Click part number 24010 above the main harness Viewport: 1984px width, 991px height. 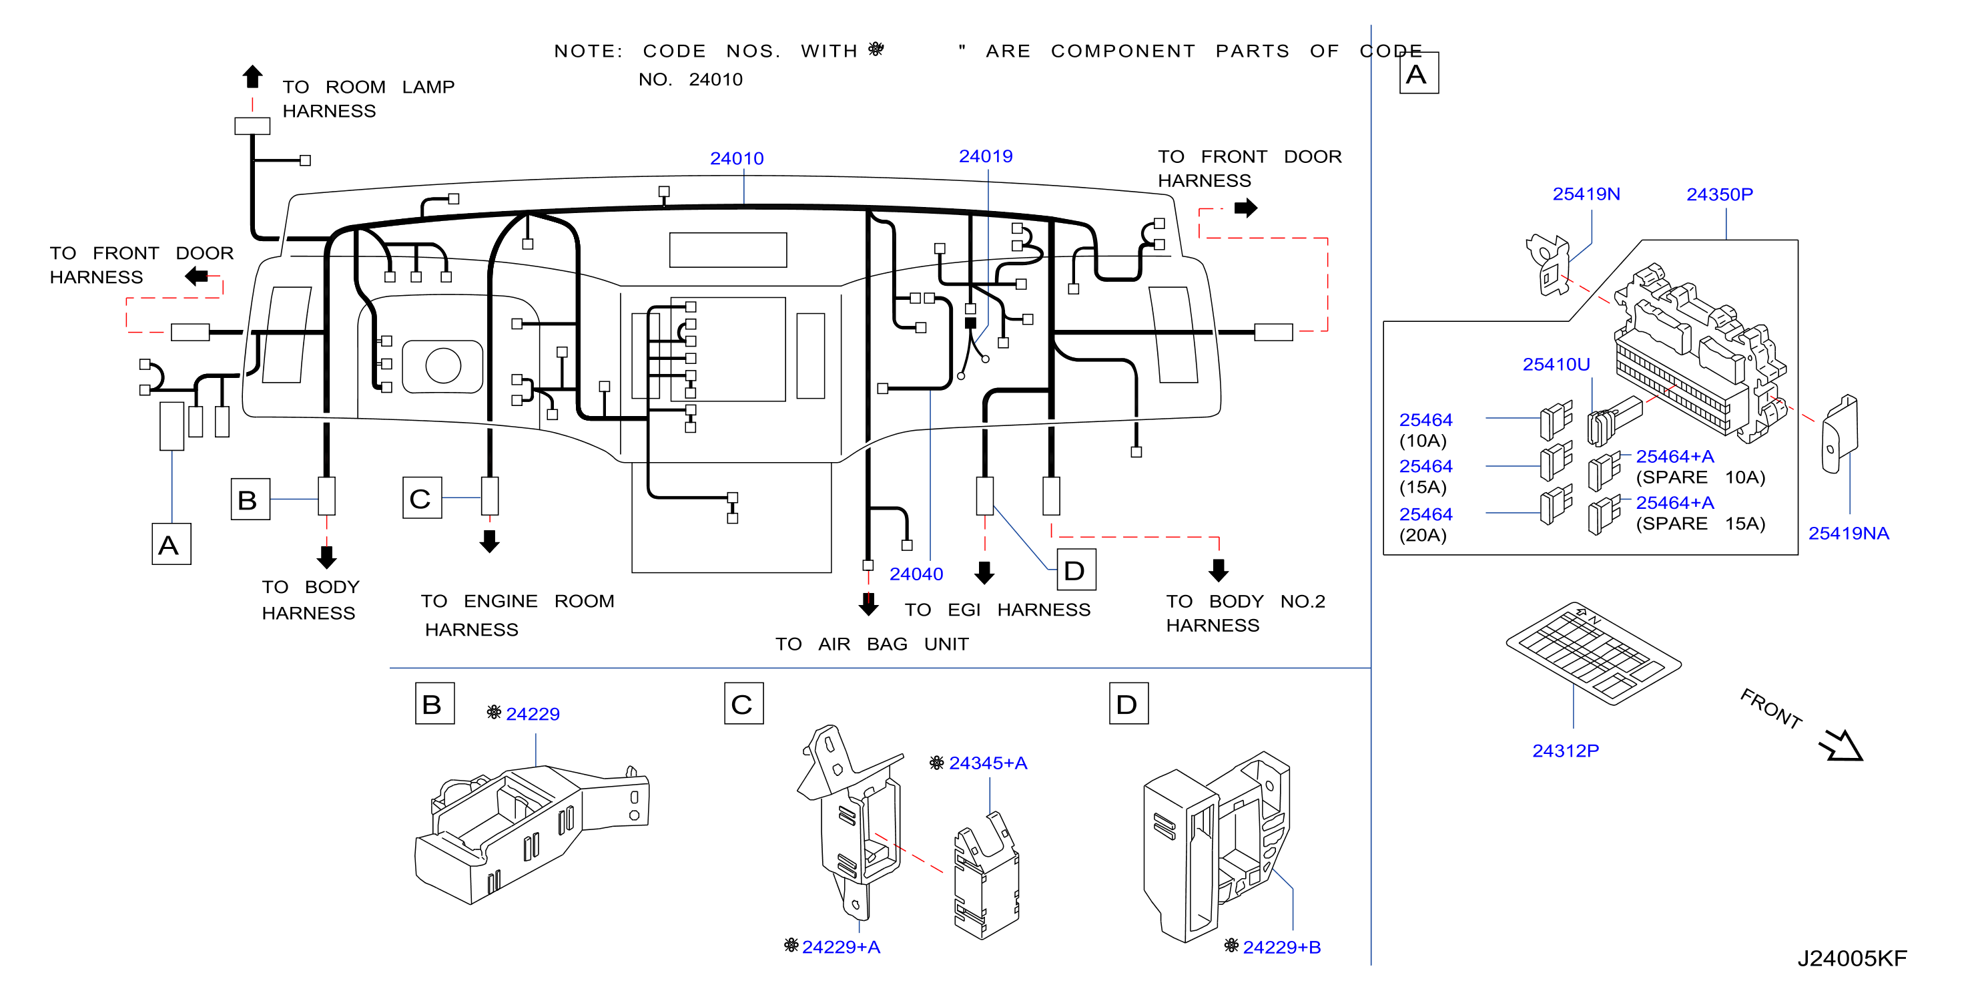pos(736,158)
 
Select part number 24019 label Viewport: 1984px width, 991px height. pos(985,156)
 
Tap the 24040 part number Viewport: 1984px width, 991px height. pos(916,574)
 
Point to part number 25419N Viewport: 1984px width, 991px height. pos(1586,194)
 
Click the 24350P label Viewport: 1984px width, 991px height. pos(1719,194)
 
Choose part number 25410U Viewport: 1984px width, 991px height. pos(1556,364)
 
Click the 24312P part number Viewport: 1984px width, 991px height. pos(1565,750)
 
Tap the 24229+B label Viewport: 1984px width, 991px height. pos(1281,946)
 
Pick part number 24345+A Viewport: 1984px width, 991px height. pos(988,762)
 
